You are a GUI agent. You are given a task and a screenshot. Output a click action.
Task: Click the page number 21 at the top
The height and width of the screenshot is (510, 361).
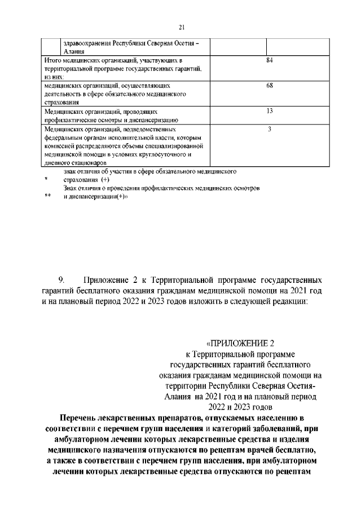pos(181,26)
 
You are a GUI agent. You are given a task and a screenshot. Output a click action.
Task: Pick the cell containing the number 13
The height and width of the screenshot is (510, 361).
pos(269,112)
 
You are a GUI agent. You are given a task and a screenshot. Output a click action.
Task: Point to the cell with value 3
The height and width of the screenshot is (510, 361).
pos(269,129)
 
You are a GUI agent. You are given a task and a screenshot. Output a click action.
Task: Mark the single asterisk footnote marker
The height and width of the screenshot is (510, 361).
pos(47,179)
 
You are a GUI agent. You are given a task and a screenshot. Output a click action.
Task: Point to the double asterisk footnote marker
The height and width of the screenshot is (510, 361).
pos(48,197)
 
